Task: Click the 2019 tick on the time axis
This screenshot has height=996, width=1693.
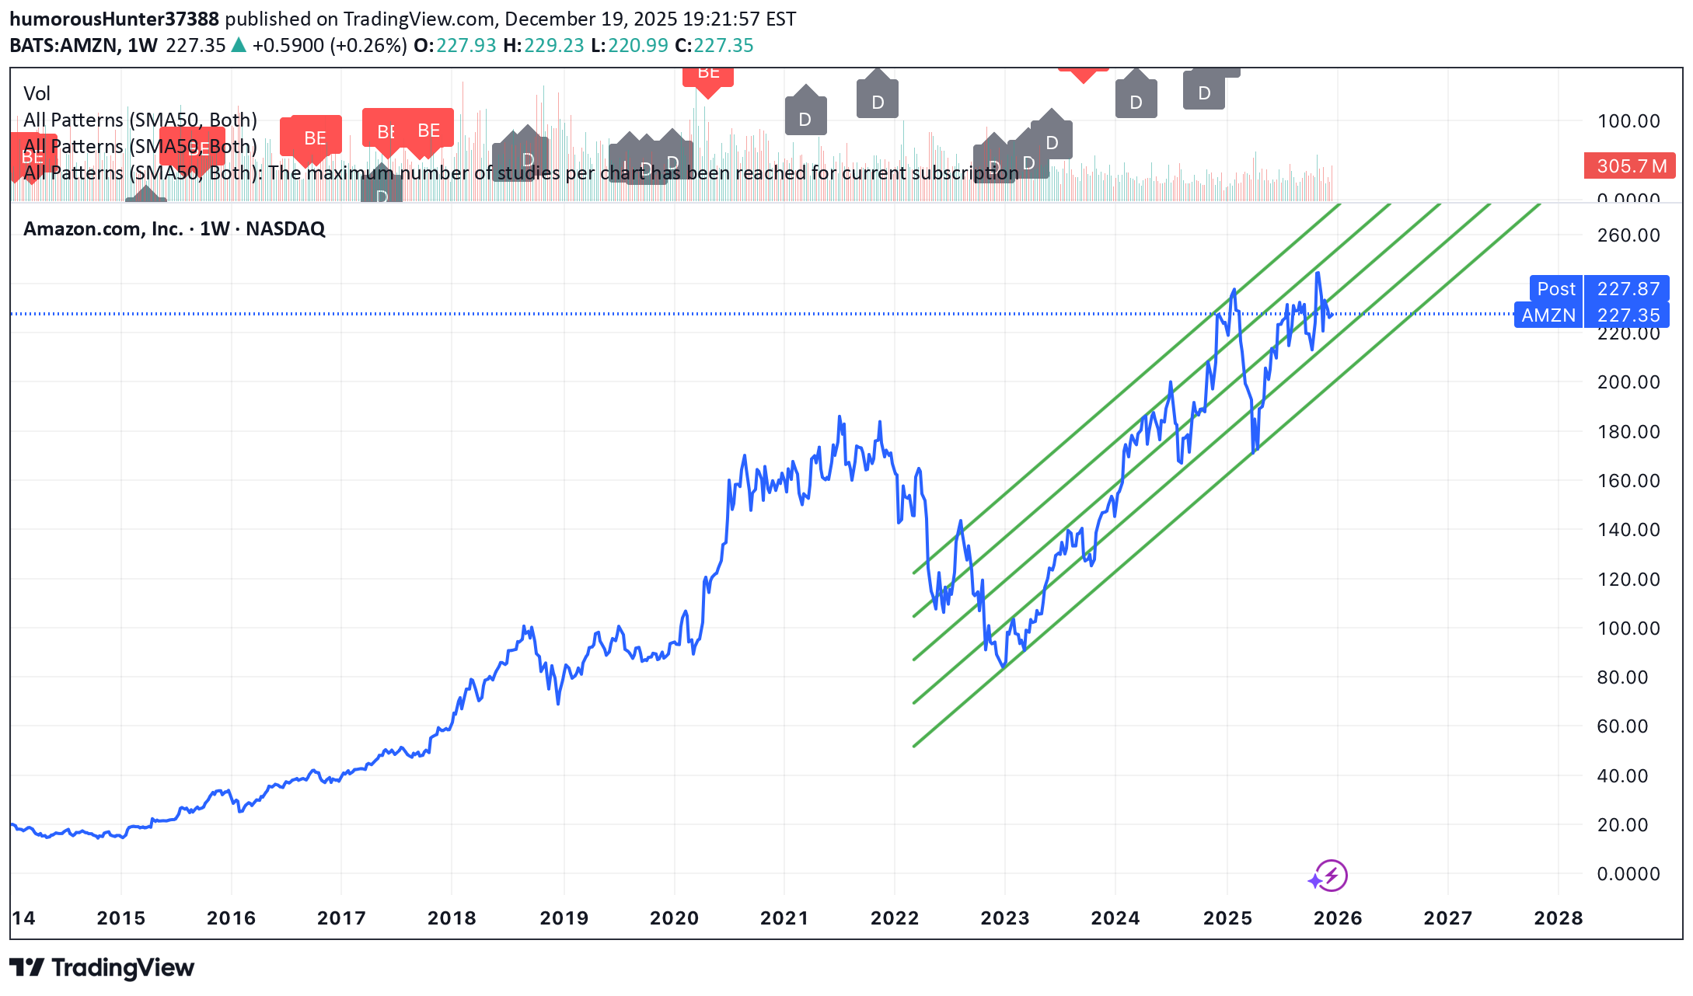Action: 564,918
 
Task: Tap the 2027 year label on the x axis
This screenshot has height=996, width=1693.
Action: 1447,918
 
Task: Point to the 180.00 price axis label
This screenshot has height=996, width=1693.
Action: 1628,432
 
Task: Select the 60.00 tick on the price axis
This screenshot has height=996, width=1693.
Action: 1622,726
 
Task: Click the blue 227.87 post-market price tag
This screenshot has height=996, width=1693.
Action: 1628,289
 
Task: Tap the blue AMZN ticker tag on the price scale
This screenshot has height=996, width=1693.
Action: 1548,315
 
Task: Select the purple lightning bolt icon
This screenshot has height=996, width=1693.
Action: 1331,876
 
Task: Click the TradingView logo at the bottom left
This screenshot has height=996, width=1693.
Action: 102,968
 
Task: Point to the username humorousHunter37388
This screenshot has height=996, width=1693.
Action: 114,19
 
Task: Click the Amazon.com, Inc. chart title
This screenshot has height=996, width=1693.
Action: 174,229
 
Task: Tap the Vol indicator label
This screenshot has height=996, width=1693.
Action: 37,94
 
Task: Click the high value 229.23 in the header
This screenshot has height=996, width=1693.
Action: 553,46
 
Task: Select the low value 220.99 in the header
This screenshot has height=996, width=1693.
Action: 637,46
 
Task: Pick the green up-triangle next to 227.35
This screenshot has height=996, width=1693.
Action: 239,46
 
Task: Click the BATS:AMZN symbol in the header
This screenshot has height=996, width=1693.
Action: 65,46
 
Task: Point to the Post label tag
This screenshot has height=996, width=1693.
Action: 1555,289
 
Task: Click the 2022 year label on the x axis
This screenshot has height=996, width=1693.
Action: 894,918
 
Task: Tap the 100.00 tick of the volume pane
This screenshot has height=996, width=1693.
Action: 1628,121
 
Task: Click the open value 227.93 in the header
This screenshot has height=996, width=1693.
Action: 466,46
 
